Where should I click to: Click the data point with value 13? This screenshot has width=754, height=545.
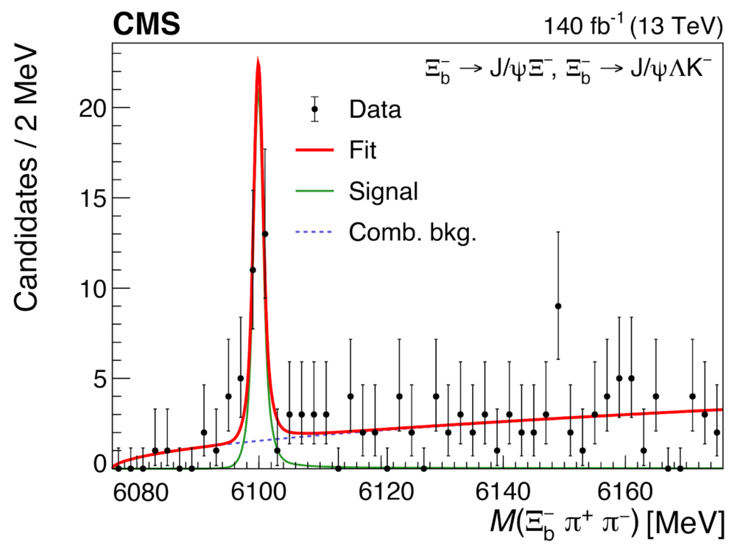pyautogui.click(x=265, y=234)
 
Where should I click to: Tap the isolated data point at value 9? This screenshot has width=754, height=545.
pyautogui.click(x=558, y=306)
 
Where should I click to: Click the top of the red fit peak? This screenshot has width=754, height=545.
pyautogui.click(x=258, y=59)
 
